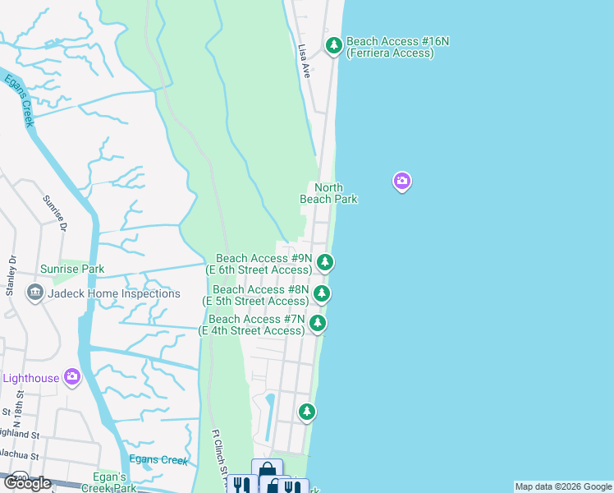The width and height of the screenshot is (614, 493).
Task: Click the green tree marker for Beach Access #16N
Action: [333, 46]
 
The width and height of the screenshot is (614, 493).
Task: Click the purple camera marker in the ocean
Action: [401, 181]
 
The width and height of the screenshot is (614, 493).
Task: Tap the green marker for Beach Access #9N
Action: [326, 263]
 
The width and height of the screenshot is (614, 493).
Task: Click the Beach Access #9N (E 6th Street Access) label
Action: [263, 264]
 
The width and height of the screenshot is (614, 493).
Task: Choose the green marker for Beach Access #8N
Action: [323, 293]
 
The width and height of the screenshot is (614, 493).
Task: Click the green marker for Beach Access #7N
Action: [318, 324]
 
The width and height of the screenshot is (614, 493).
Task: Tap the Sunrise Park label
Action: [72, 269]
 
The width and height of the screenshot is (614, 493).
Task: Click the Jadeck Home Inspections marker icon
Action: [34, 293]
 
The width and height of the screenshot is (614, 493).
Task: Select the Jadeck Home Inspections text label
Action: [113, 293]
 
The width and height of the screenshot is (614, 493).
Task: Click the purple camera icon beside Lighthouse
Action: [72, 377]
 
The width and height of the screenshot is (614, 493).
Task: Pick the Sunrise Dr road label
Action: [55, 214]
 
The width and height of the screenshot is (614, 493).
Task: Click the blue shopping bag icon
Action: [268, 470]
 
